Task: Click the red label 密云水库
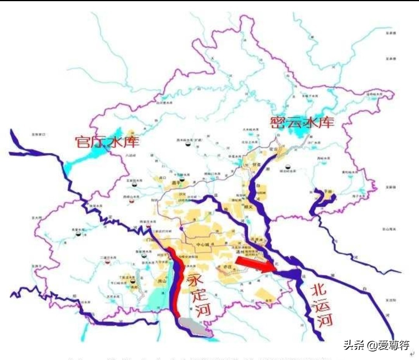(302, 122)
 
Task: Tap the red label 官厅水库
(107, 141)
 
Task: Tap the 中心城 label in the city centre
(203, 245)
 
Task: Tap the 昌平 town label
(177, 182)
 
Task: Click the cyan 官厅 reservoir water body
(83, 160)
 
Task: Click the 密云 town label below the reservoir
(277, 149)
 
